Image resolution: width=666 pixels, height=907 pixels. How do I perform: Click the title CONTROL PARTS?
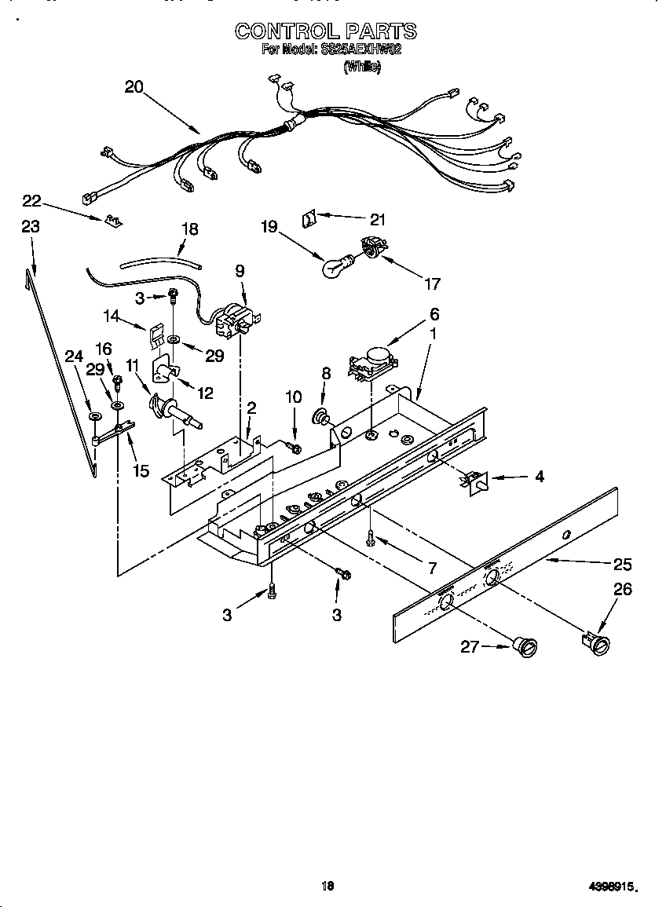pos(326,31)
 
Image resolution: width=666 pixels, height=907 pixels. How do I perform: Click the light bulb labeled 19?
pos(335,267)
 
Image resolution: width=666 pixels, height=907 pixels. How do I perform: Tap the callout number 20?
pos(134,87)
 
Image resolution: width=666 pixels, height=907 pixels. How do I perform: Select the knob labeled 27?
pos(525,646)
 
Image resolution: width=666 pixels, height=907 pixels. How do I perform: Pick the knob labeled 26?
pos(598,642)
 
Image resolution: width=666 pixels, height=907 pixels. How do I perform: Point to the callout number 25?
pos(622,564)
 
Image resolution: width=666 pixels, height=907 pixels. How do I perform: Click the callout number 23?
pos(31,226)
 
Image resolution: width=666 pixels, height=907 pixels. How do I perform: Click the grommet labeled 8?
pos(321,415)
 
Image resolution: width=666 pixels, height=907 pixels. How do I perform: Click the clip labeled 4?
pos(475,481)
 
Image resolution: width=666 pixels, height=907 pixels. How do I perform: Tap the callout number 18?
pos(189,229)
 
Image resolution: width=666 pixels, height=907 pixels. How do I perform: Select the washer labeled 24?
pos(94,416)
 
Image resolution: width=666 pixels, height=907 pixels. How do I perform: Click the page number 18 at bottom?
pos(328,887)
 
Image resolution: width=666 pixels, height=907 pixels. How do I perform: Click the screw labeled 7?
pos(369,538)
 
